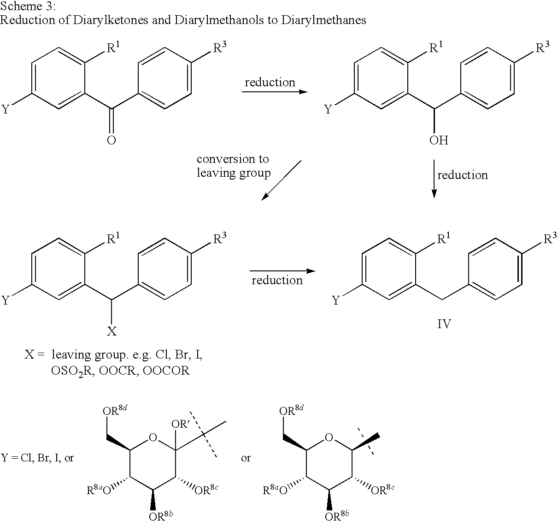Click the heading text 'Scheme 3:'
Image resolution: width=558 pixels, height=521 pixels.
(x=28, y=6)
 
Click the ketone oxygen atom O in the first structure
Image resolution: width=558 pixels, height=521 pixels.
(x=112, y=140)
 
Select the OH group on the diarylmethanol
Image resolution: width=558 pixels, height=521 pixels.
(x=439, y=140)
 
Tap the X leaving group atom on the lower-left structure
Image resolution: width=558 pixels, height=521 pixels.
(x=112, y=330)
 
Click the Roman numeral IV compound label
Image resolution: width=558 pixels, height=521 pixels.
(x=444, y=324)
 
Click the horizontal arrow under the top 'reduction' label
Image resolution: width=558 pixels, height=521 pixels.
(x=275, y=92)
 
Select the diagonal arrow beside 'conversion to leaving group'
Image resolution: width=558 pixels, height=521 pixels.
(x=281, y=180)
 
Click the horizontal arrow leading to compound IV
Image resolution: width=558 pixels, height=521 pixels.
(x=282, y=271)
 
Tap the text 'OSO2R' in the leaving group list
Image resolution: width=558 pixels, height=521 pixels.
(x=72, y=371)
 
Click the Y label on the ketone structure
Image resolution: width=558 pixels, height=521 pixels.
(x=6, y=109)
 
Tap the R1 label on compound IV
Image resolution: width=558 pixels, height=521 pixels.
(x=444, y=239)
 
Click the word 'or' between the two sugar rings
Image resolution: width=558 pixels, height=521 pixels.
(x=246, y=458)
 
